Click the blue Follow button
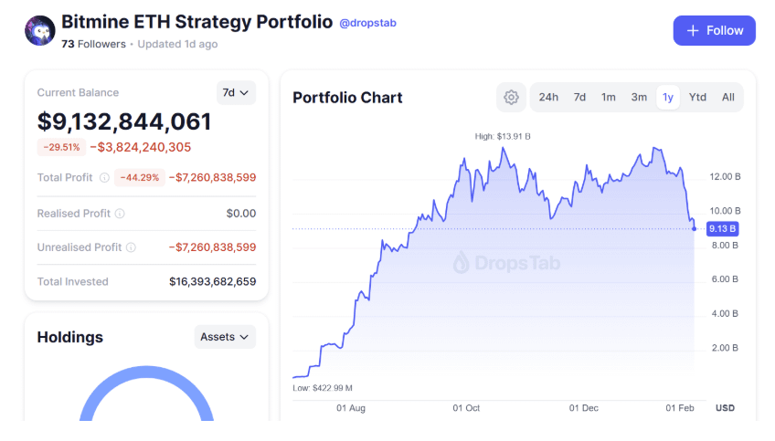[714, 30]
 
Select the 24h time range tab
[548, 97]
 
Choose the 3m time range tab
[639, 97]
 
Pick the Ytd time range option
[697, 97]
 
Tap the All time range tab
[728, 97]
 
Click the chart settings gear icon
[511, 98]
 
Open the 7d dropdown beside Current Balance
[236, 92]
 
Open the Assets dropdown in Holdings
[225, 337]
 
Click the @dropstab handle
[368, 23]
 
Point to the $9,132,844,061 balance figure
[124, 121]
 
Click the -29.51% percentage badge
[59, 147]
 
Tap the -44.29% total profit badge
[140, 178]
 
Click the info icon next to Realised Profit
[120, 214]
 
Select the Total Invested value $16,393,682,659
[212, 281]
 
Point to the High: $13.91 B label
[503, 137]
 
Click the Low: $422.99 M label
[323, 388]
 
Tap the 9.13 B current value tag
[722, 228]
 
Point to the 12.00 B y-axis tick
[724, 176]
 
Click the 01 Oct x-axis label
[466, 408]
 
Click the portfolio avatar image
[39, 30]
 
